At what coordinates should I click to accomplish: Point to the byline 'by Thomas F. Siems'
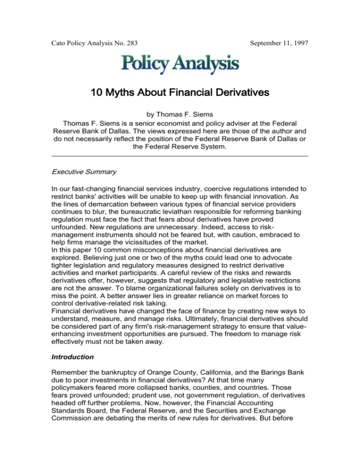click(x=180, y=126)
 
